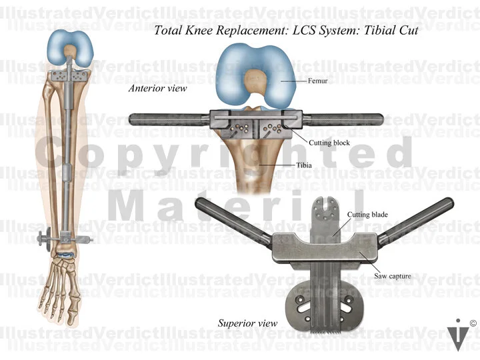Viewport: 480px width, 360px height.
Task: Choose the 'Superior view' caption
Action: (x=247, y=323)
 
